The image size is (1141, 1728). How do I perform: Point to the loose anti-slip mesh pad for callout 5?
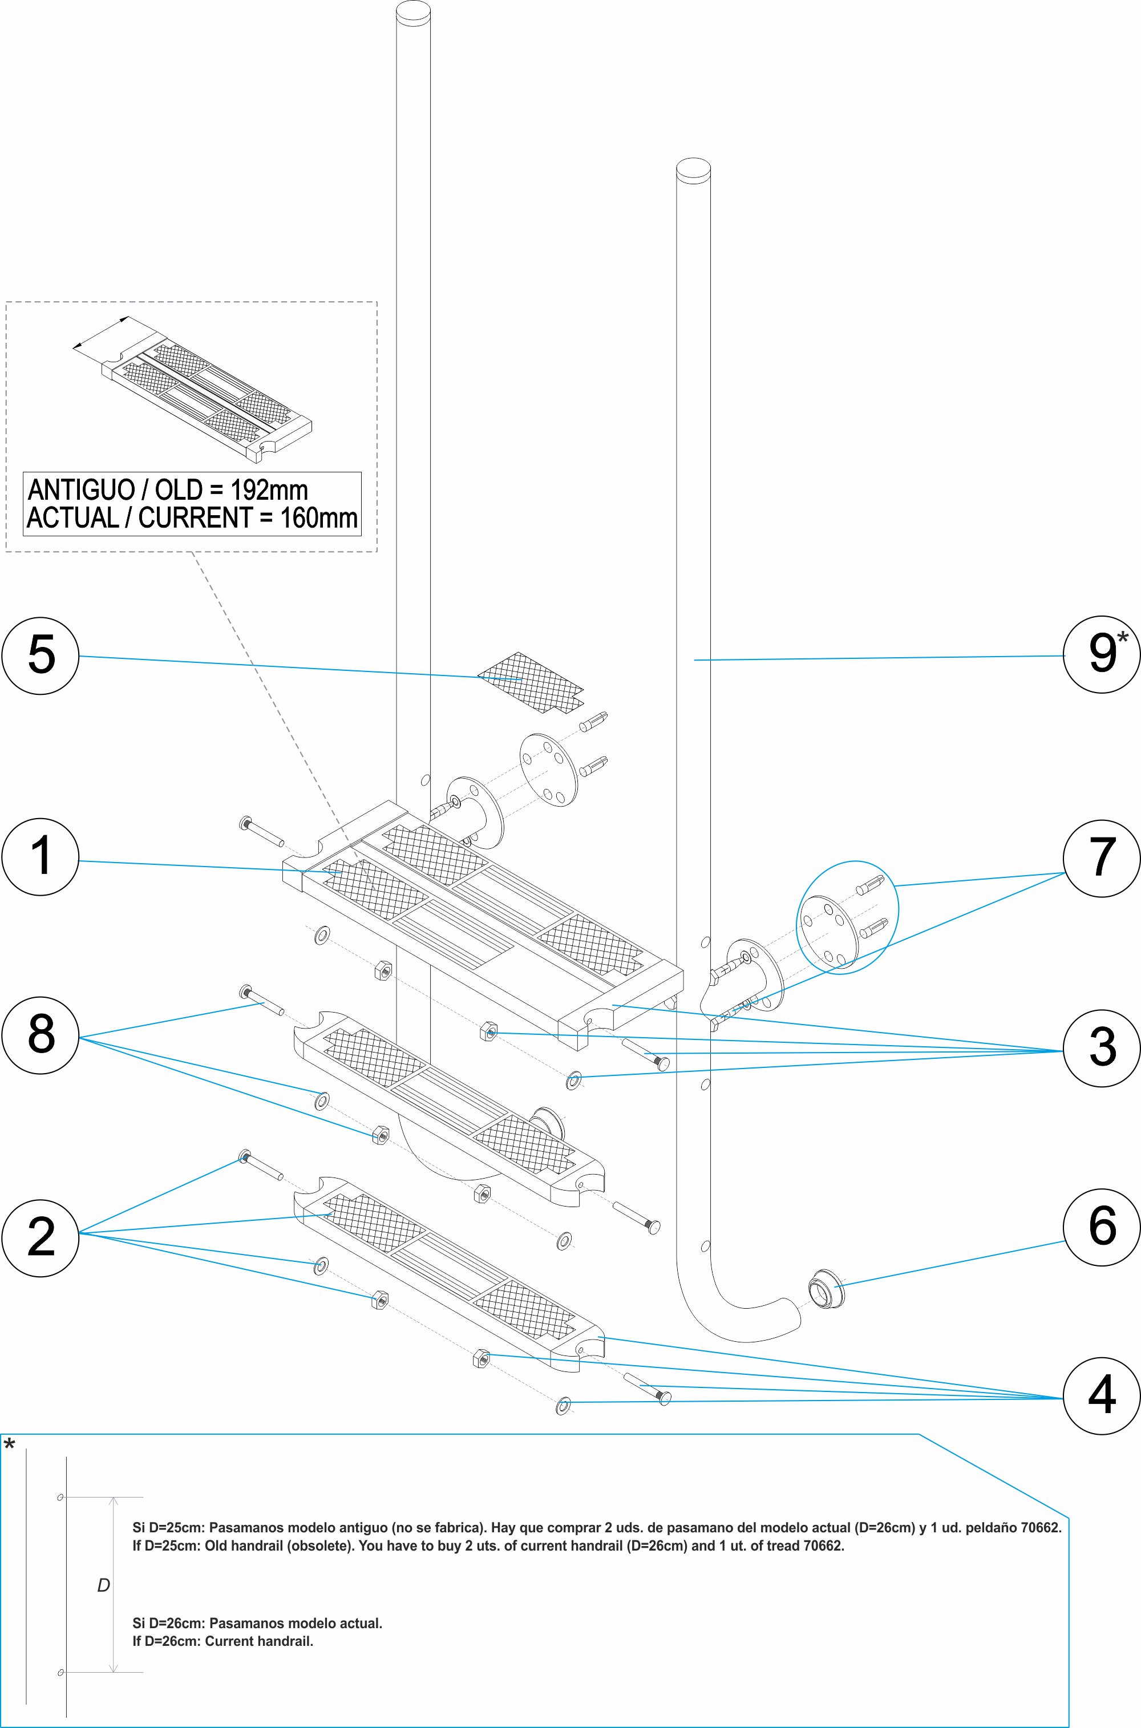click(531, 682)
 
